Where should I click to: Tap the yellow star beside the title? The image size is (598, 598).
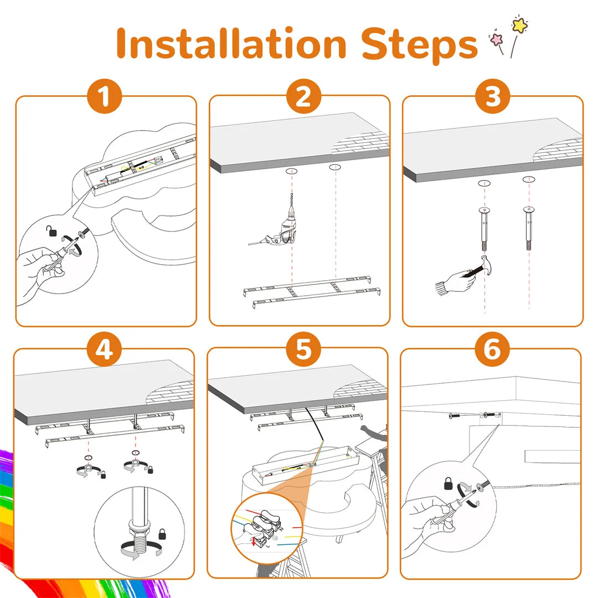pos(520,24)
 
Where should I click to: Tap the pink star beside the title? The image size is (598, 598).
pos(497,39)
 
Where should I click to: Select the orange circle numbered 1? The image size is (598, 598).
pos(105,96)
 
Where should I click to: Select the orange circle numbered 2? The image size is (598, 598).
pos(303,96)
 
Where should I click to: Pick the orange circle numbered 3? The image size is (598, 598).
pos(493,96)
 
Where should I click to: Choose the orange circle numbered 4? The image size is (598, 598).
pos(104,349)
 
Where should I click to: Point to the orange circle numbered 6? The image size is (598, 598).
pos(492,349)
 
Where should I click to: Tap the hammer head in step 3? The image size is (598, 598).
pos(487,265)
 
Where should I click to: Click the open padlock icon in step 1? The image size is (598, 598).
pos(51,231)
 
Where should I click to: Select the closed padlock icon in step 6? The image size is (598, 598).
pos(448,483)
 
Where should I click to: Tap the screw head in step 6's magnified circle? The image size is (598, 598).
pos(480,487)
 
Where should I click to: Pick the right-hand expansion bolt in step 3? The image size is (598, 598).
pos(529,228)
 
